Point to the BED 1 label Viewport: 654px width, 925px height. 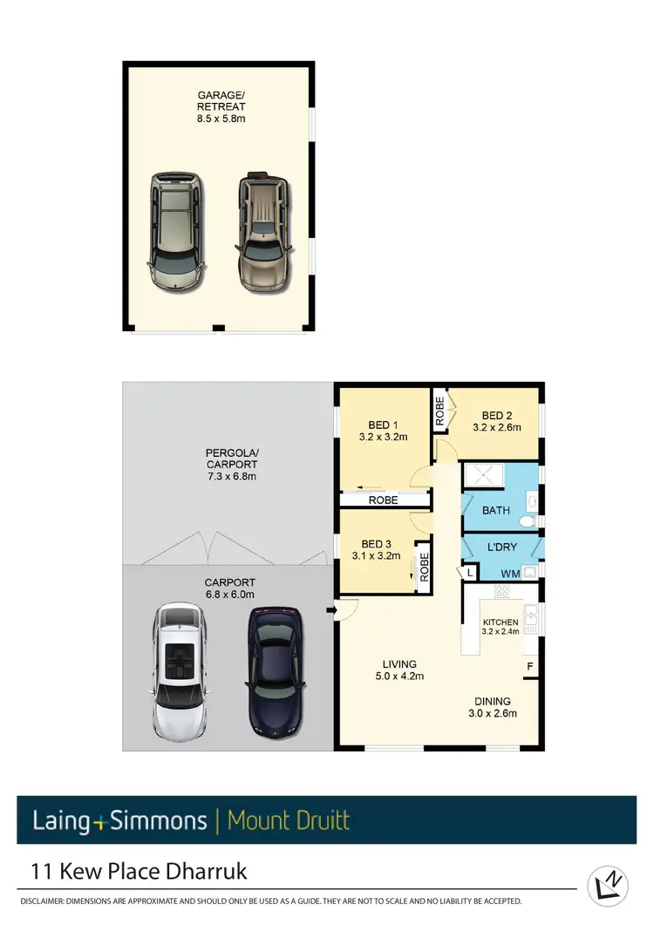tap(384, 431)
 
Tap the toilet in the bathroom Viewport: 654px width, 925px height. tap(527, 520)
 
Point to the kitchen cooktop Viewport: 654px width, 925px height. tap(502, 592)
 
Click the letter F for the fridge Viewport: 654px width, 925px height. tap(528, 667)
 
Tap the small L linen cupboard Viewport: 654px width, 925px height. tap(469, 573)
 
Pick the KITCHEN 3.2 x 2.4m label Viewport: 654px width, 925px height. tap(501, 627)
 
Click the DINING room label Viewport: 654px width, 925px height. tap(493, 706)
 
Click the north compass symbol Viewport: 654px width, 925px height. tap(608, 884)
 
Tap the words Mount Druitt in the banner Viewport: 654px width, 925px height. tap(288, 820)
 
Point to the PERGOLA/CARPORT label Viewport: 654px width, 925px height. tap(231, 465)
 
